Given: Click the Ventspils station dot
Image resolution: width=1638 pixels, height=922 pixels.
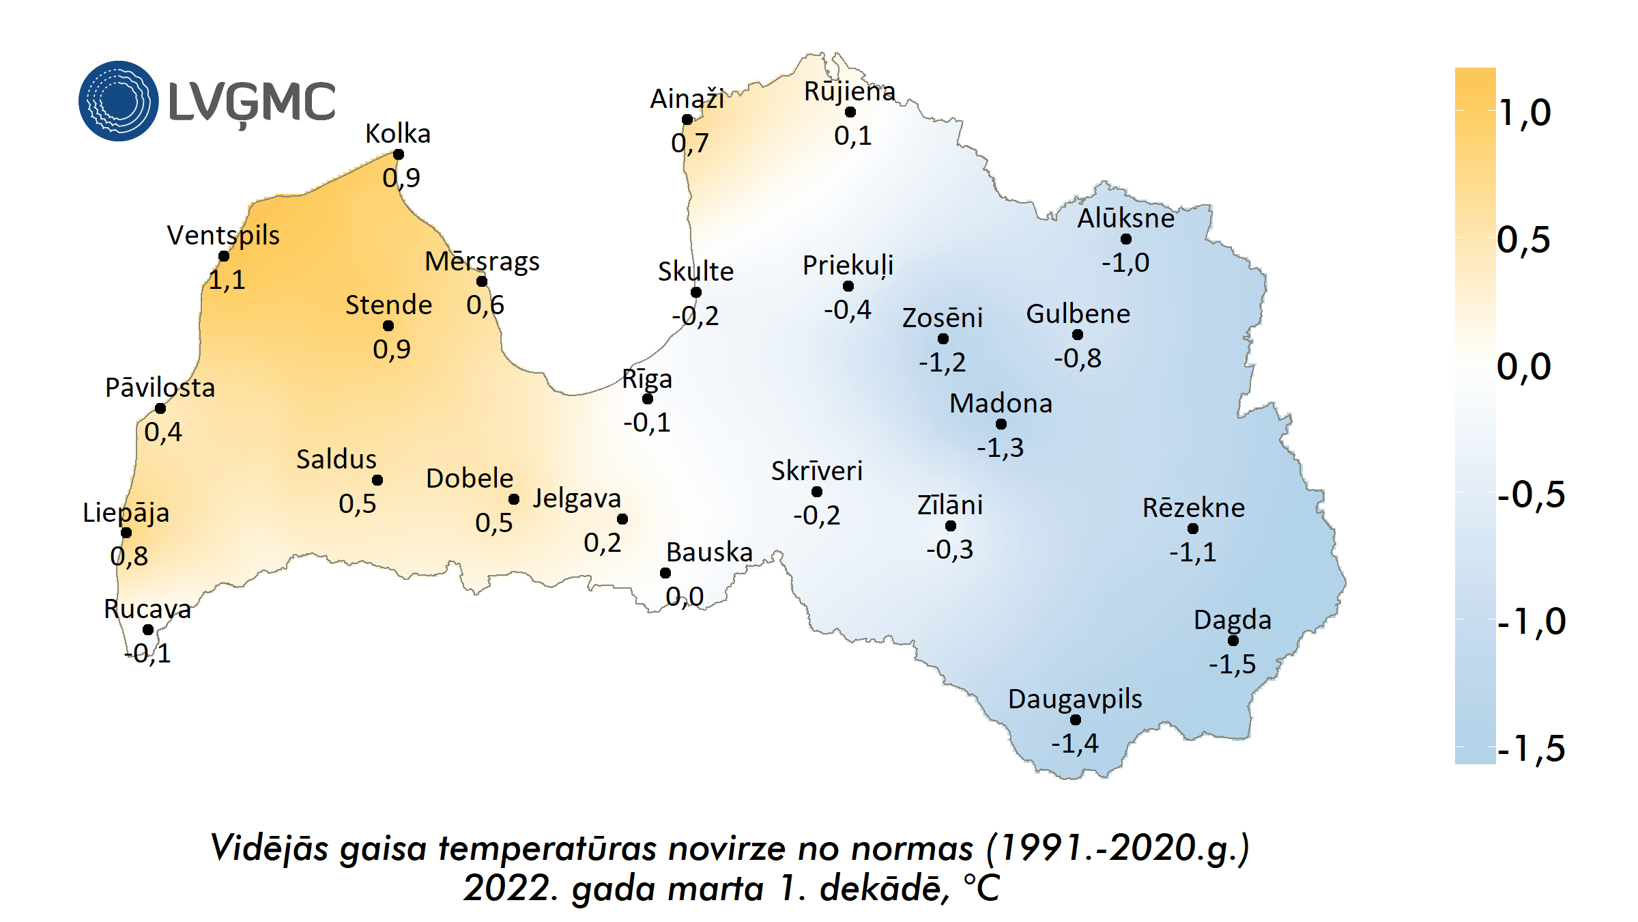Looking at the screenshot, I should tap(224, 256).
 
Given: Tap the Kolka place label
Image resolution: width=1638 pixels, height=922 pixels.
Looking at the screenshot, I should tap(398, 134).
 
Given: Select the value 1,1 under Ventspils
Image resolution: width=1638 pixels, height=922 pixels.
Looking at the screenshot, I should tap(227, 280).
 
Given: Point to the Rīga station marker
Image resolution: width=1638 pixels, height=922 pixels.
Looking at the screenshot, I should tap(648, 399).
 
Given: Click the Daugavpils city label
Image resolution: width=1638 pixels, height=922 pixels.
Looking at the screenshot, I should tap(1075, 699).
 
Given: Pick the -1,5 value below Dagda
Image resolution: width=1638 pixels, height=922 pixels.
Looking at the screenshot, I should tap(1232, 664).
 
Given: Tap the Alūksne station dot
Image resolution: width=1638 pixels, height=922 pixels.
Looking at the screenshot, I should tap(1126, 239).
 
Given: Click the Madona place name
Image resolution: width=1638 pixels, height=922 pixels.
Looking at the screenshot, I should tap(1001, 404).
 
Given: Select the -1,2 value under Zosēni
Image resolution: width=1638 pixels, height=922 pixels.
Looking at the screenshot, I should tap(942, 362).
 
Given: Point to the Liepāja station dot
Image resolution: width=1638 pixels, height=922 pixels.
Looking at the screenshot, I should tap(126, 533).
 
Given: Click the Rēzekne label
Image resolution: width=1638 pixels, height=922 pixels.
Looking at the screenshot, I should tap(1194, 508).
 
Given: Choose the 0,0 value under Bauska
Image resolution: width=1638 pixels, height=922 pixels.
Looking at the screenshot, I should tap(685, 597).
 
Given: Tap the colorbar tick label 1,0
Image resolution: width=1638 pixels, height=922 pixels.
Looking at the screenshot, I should tap(1525, 113).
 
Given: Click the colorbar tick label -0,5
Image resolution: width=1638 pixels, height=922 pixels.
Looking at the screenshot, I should tap(1531, 494).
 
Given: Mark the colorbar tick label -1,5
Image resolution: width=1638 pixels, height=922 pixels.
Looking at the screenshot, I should tap(1531, 749).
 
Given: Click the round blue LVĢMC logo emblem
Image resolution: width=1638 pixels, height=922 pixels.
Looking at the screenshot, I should tap(119, 101).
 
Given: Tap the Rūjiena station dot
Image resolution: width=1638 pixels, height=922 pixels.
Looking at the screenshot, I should tap(850, 112).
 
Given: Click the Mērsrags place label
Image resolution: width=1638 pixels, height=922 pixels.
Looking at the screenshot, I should tap(482, 262).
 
